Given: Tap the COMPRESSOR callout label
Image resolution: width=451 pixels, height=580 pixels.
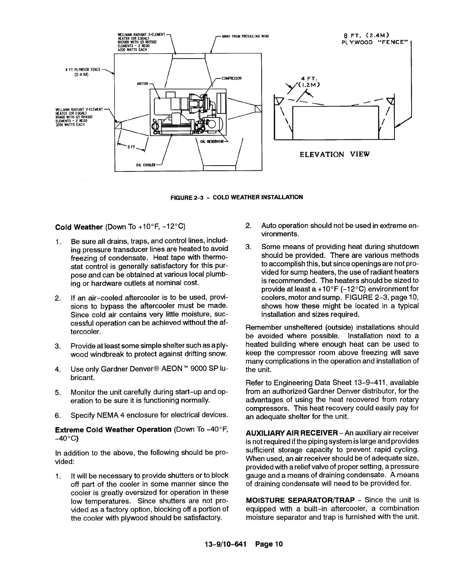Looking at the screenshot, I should point(232,78).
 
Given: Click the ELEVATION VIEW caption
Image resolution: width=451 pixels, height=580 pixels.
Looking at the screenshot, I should point(334,154).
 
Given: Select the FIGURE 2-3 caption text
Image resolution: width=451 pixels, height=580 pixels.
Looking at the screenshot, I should point(237,197).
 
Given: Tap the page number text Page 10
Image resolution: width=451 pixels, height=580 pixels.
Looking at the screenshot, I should point(269,544).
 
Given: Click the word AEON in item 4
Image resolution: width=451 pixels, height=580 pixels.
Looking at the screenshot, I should point(164,369).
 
